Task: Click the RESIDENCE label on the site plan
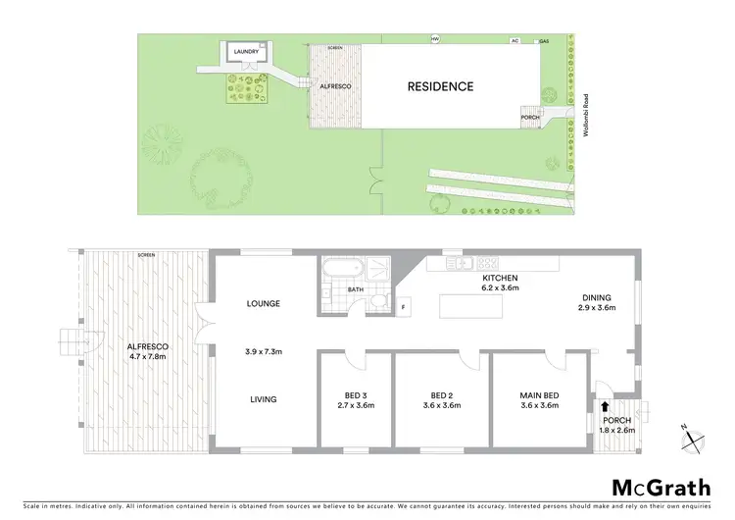[x=440, y=86]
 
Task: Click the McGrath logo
[x=661, y=488]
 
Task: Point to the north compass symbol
[x=693, y=439]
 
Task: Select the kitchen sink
[x=461, y=262]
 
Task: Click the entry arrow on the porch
[x=605, y=404]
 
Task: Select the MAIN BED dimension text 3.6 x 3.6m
[x=539, y=405]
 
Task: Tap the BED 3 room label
[x=351, y=395]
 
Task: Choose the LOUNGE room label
[x=264, y=303]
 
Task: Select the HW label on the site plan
[x=435, y=39]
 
